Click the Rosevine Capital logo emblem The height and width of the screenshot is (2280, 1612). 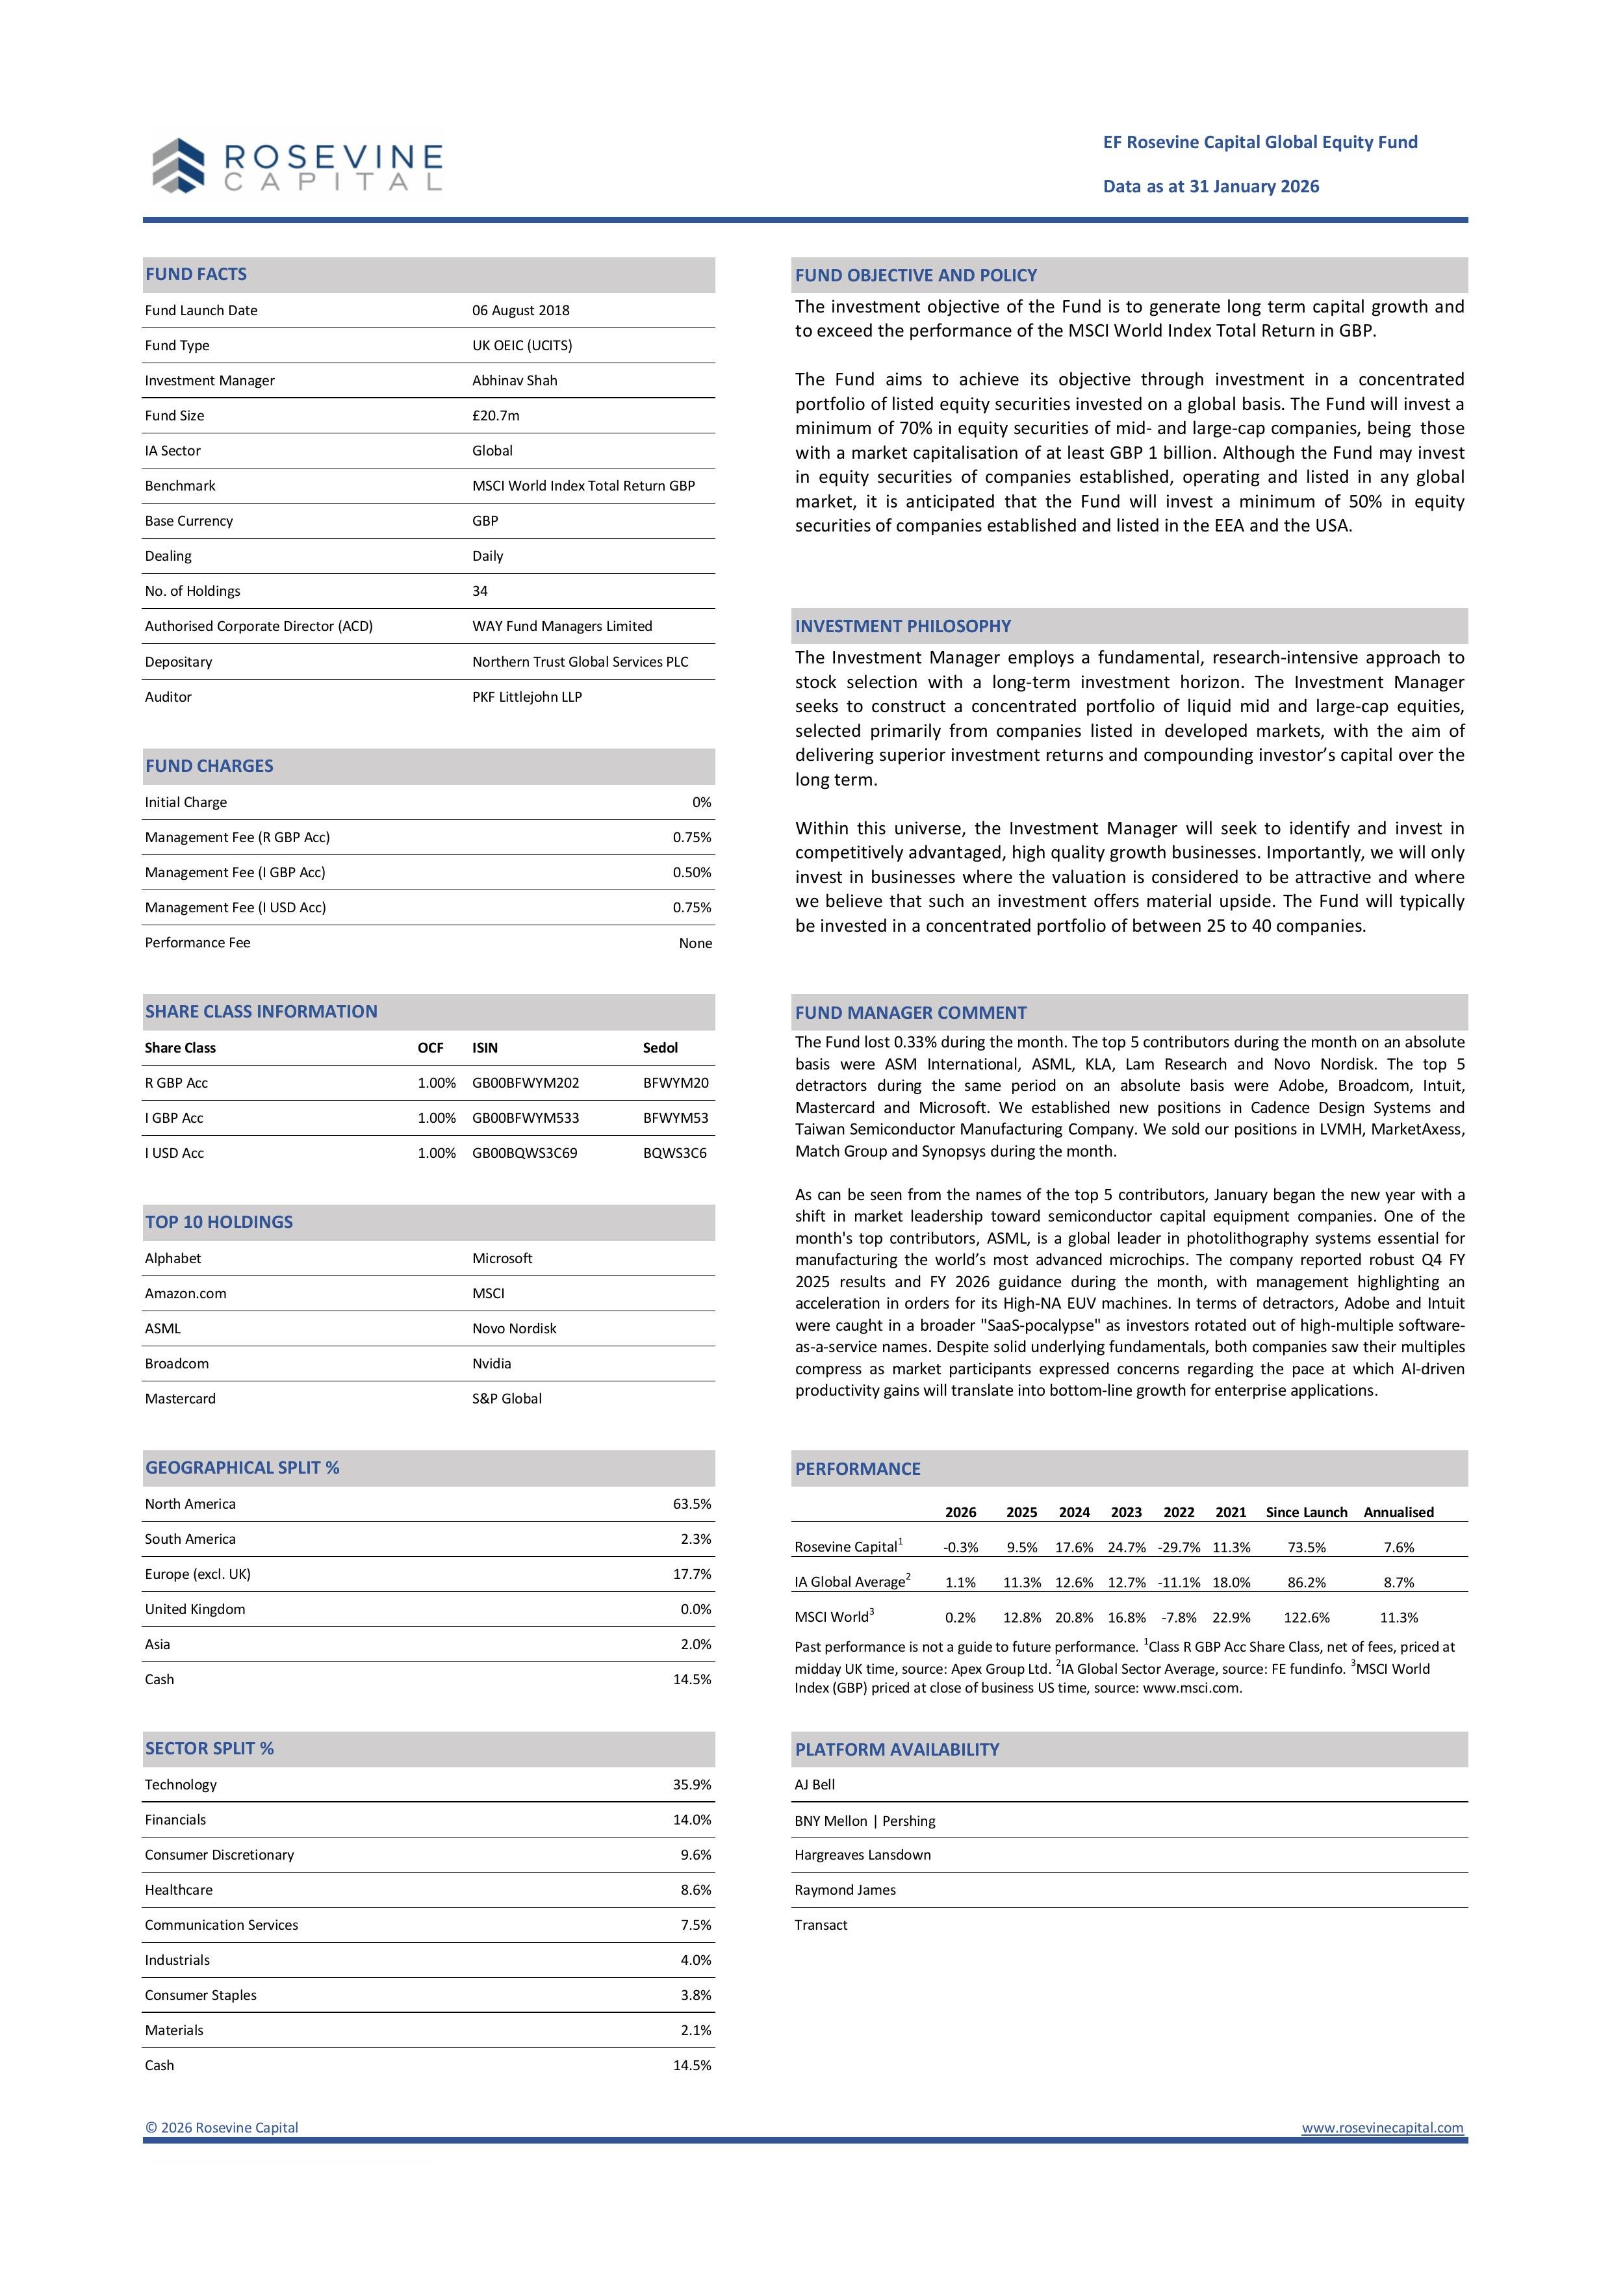179,165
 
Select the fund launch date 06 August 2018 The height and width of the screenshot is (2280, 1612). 520,311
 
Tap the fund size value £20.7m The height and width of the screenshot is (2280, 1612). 496,416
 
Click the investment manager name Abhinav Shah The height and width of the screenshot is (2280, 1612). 515,380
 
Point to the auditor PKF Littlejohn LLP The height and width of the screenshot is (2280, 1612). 526,697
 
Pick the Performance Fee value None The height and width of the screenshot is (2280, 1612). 695,943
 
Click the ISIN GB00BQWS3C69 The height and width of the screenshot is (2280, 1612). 524,1154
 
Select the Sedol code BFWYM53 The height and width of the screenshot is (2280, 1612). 675,1118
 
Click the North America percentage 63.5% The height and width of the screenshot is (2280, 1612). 692,1504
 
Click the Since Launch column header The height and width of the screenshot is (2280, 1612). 1306,1513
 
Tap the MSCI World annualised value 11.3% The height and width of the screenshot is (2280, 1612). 1398,1618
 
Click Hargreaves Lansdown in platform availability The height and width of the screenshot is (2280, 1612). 862,1855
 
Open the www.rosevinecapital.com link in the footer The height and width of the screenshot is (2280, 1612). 1383,2127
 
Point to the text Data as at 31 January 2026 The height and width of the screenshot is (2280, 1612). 1210,186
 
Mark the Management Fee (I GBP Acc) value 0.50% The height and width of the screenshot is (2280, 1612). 692,873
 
